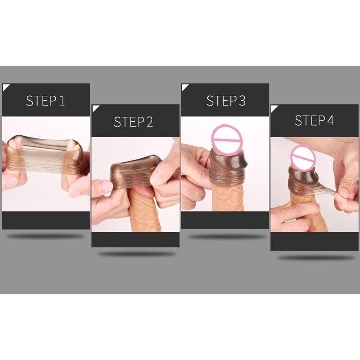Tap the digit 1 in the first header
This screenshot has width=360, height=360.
coord(61,101)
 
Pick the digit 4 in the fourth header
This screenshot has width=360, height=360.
coord(330,120)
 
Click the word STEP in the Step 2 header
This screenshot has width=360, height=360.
coord(128,122)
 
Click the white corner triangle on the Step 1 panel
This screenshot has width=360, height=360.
coord(5,87)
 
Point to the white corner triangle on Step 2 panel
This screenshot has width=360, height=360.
coord(95,107)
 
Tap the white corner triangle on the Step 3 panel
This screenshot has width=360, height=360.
coord(184,87)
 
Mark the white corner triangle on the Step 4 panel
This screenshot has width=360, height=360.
coord(274,108)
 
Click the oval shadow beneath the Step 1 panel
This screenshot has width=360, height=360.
coord(46,236)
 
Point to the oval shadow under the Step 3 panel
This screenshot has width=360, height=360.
coord(226,236)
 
